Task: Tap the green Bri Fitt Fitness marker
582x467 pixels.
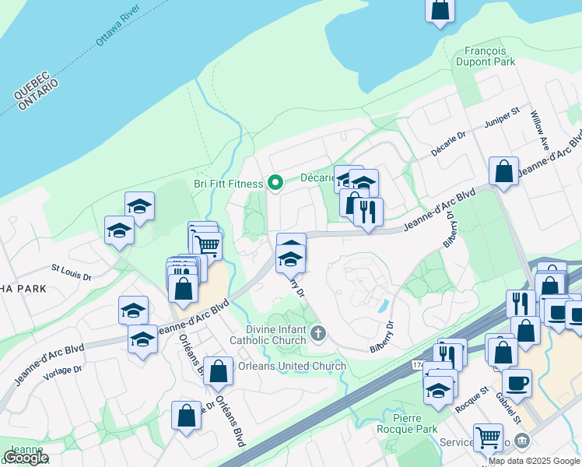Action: [x=275, y=183]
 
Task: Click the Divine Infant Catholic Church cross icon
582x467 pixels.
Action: [x=317, y=335]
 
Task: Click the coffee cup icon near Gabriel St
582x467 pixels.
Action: [x=517, y=383]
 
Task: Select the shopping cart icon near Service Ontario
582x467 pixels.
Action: [x=488, y=437]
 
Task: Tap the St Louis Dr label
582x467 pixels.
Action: [x=72, y=275]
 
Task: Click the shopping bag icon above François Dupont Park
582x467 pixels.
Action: [x=440, y=10]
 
